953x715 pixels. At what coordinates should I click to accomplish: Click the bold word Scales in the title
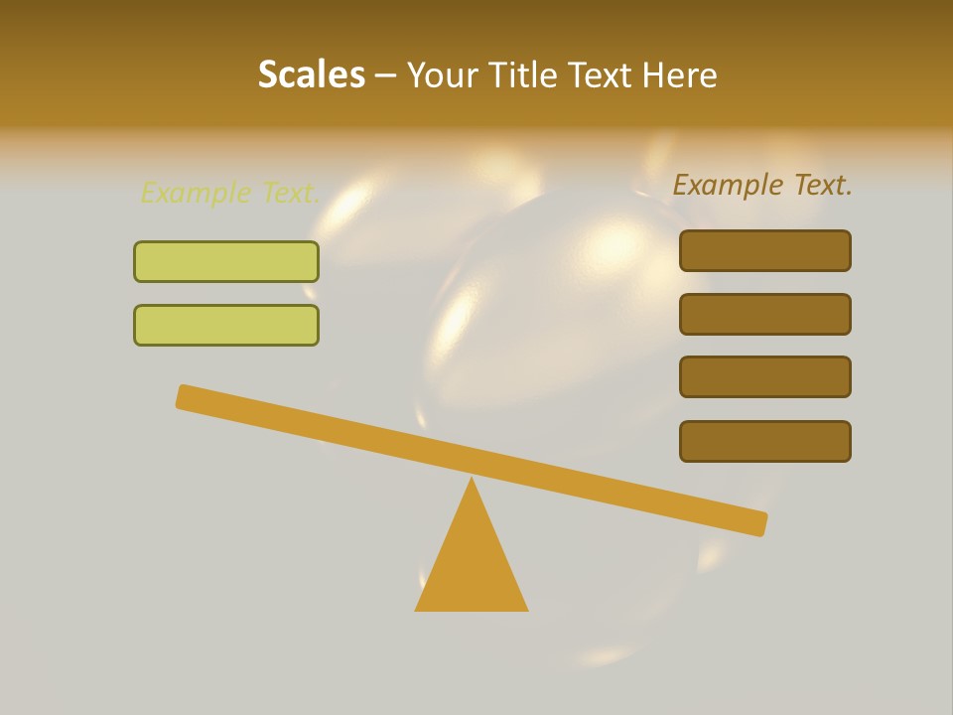coord(312,75)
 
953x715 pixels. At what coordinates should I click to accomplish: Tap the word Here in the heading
coord(680,75)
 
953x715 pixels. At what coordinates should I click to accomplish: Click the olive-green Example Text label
coord(229,193)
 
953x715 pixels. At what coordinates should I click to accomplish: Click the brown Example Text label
coord(762,185)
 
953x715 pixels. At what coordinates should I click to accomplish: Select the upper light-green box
coord(226,261)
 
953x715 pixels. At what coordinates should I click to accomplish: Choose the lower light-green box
coord(226,325)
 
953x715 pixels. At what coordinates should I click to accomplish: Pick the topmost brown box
coord(765,250)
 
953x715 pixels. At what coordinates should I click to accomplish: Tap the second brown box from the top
coord(765,314)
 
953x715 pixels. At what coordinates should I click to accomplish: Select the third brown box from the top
coord(765,376)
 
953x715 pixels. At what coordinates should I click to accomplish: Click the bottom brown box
coord(765,441)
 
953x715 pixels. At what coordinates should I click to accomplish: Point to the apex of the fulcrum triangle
coord(472,479)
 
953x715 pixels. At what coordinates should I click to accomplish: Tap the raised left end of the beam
coord(186,396)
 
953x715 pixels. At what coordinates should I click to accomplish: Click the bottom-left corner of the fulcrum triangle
coord(417,609)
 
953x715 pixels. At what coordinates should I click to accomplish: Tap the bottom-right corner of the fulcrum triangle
coord(526,609)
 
